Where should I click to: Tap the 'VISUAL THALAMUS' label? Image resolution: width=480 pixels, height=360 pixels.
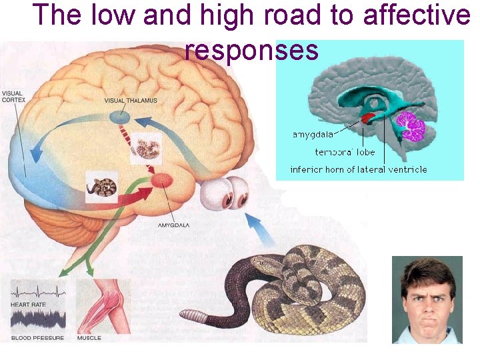131,101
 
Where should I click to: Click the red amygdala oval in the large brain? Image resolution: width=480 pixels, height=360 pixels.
162,179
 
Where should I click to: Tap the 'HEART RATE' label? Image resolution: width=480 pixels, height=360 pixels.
27,304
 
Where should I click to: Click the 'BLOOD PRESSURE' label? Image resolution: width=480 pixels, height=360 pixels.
37,338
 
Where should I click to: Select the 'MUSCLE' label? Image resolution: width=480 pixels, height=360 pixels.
89,338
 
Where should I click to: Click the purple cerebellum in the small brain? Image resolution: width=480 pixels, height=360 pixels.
411,127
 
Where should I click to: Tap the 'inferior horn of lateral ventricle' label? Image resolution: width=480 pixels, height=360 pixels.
359,169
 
